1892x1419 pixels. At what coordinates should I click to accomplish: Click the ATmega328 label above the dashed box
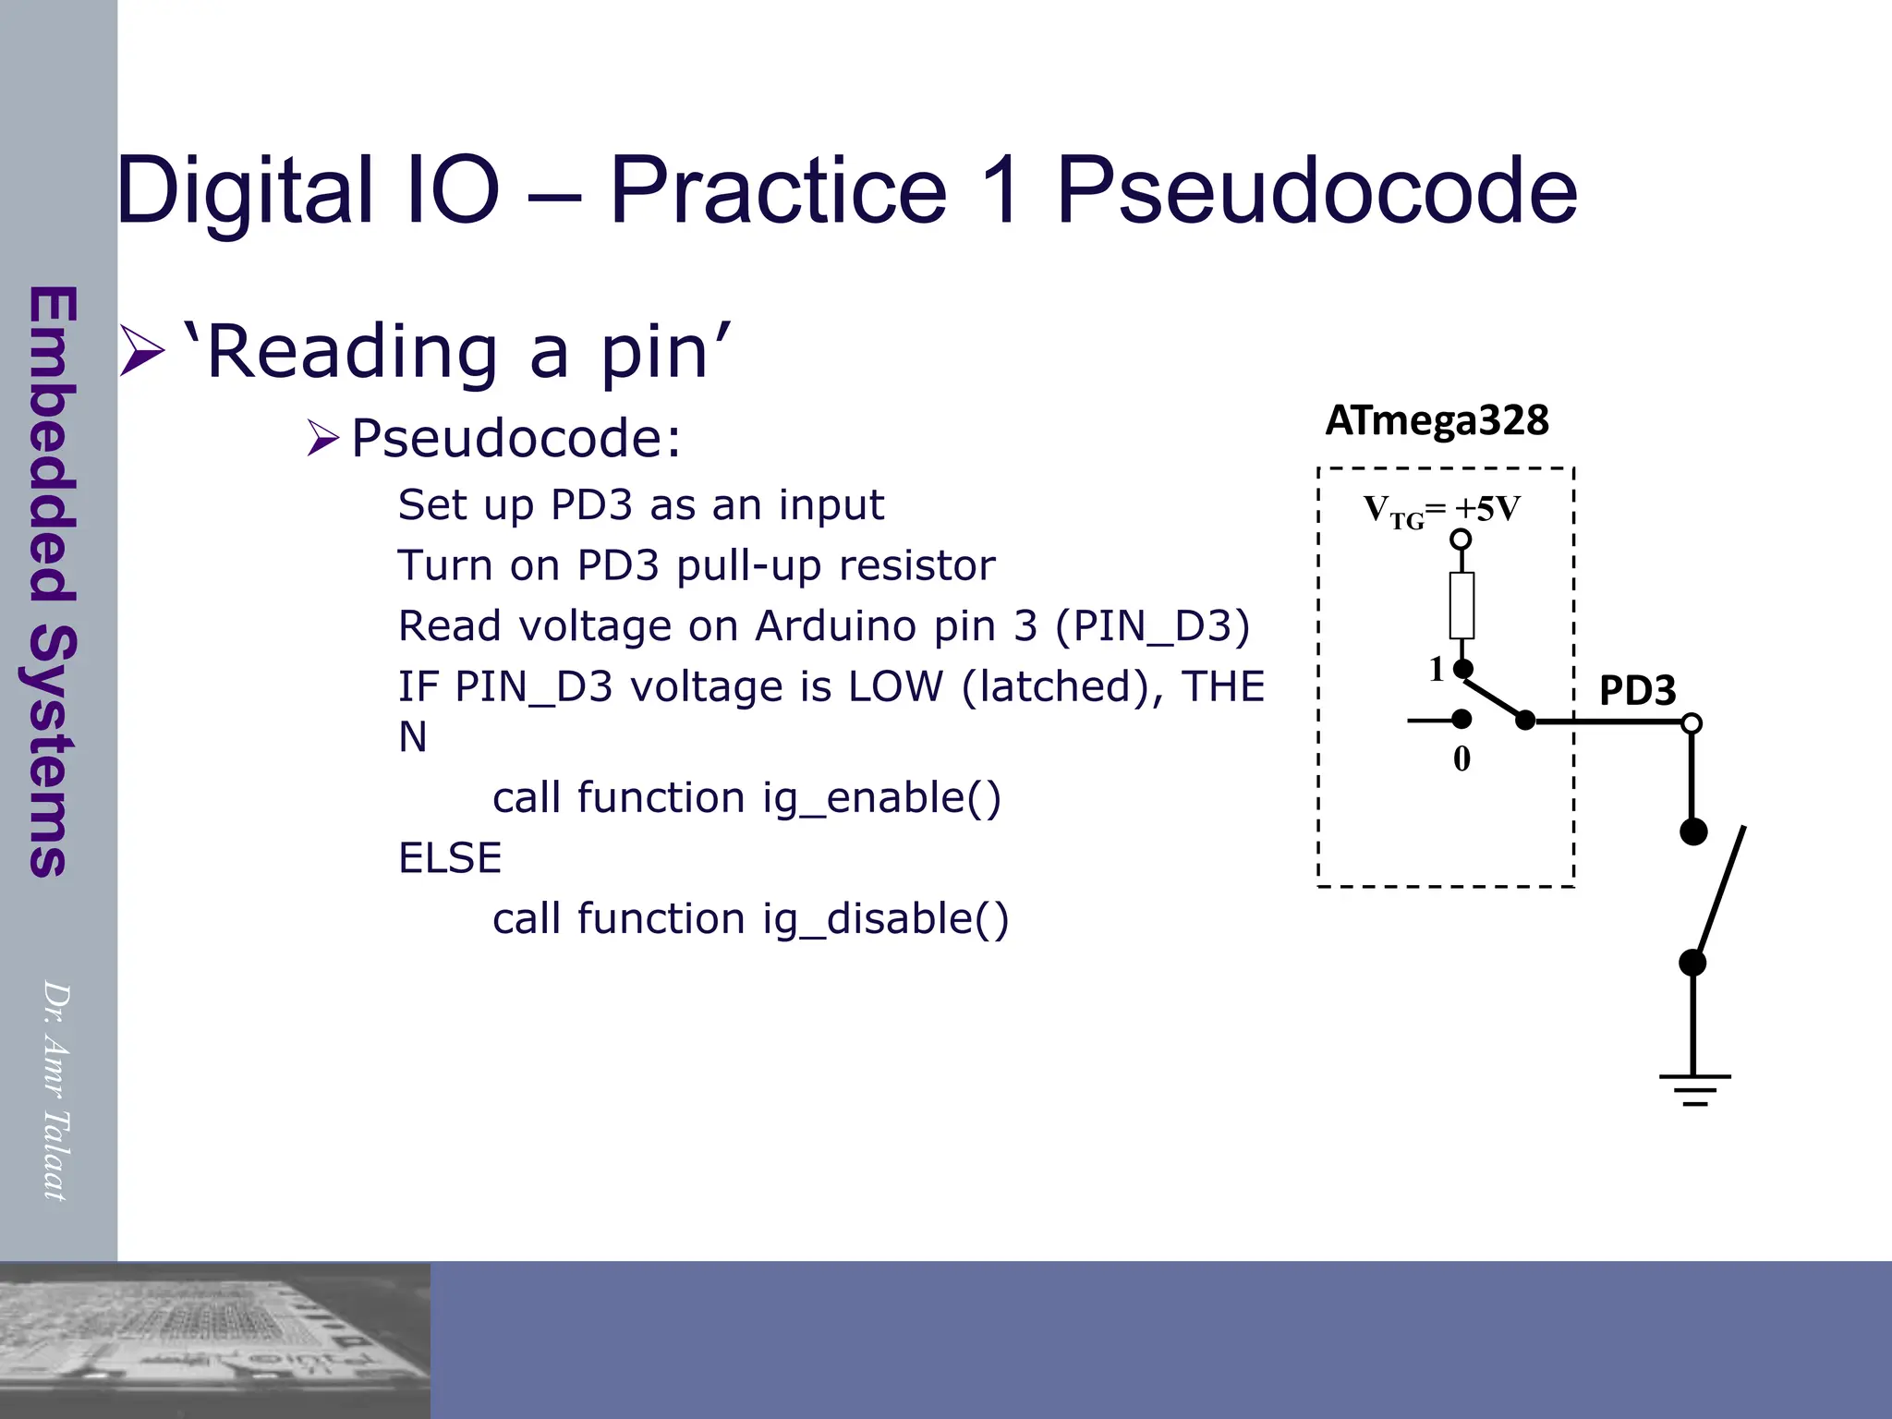tap(1437, 420)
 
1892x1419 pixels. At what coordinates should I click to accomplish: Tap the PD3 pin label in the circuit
tap(1637, 690)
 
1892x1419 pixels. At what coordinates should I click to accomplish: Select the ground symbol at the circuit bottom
tap(1694, 1089)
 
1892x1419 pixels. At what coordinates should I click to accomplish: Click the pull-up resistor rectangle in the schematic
tap(1461, 605)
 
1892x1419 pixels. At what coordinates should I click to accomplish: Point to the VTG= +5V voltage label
tap(1441, 510)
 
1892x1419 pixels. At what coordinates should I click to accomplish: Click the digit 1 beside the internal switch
tap(1437, 669)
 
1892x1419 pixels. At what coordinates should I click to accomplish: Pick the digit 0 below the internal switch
tap(1461, 758)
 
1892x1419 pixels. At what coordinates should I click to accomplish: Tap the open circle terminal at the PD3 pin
tap(1692, 722)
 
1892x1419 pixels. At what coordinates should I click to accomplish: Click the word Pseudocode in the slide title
tap(1316, 190)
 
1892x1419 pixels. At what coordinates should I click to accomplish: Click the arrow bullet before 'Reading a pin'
tap(141, 351)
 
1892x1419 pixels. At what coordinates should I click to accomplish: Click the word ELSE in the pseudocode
tap(450, 858)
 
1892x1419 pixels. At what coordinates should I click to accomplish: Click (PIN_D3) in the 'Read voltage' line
tap(1152, 626)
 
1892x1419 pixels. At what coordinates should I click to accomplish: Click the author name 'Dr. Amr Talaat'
tap(55, 1090)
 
